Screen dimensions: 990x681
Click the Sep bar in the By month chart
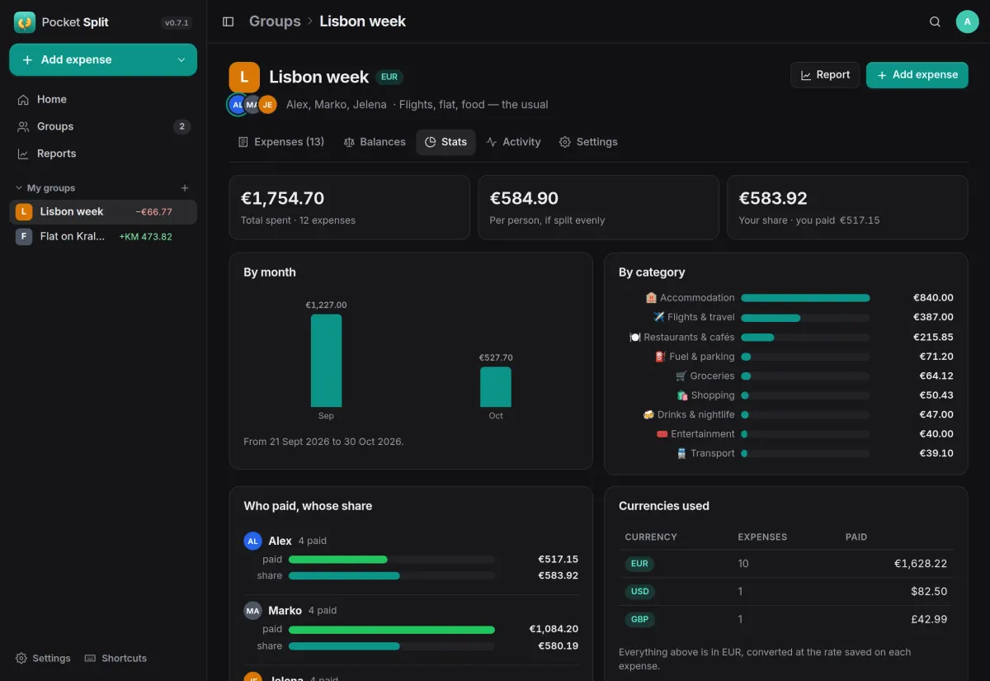[326, 361]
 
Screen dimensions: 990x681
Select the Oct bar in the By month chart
[496, 386]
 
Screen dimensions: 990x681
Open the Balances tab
[375, 142]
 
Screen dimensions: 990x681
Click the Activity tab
[513, 142]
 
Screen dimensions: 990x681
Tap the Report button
[825, 75]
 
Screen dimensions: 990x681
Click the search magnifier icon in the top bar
[935, 21]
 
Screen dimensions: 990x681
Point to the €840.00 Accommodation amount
[933, 298]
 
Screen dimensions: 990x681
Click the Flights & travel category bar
[771, 318]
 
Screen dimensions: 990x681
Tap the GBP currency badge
[639, 619]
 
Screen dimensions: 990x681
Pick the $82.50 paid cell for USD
[929, 591]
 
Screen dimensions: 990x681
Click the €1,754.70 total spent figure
[282, 198]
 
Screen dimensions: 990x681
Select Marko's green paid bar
[392, 629]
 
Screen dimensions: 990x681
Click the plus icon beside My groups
[185, 188]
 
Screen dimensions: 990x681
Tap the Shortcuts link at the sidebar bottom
[115, 658]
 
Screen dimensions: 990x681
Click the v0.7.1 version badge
[177, 22]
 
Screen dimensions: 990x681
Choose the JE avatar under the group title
[267, 105]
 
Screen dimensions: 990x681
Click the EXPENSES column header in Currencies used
[762, 537]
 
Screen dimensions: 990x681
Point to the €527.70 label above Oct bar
[496, 357]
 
